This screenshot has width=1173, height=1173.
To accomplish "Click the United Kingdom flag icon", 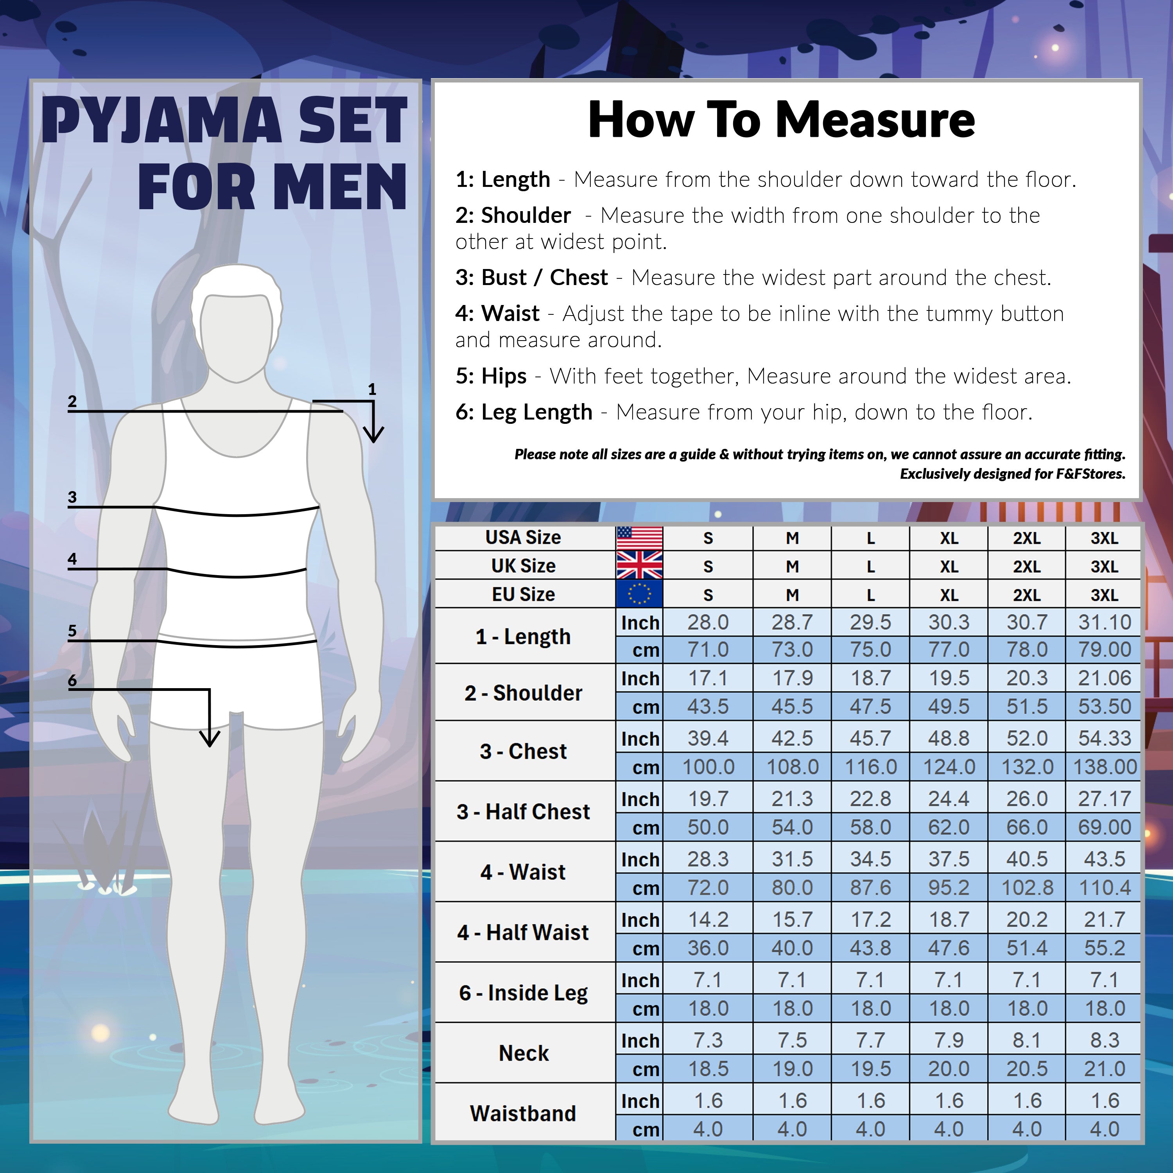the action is tap(639, 565).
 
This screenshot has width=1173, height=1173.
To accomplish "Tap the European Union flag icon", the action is tap(639, 594).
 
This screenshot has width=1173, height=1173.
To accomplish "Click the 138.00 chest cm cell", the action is tap(1105, 767).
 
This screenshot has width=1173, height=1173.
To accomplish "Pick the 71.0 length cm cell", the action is tap(708, 649).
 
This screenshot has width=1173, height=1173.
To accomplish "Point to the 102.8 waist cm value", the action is tap(1027, 888).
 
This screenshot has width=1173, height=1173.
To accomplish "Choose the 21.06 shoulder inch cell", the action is tap(1105, 678).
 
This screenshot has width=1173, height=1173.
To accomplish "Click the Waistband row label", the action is tap(524, 1114).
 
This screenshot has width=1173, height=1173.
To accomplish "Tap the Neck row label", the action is tap(524, 1053).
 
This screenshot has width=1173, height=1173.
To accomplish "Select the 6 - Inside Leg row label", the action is tap(524, 993).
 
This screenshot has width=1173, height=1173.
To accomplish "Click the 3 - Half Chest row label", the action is tap(524, 812).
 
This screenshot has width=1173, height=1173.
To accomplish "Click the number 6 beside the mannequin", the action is tap(72, 680).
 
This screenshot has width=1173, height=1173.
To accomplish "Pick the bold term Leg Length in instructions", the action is tap(537, 412).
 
